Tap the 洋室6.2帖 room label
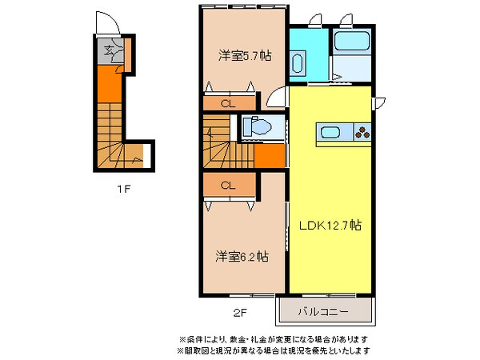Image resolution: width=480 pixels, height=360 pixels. click(x=241, y=257)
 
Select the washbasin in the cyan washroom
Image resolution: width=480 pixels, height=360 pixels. click(x=299, y=63)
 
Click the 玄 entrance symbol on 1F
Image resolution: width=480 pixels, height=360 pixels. click(x=112, y=53)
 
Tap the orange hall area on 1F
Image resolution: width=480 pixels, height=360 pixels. click(x=110, y=82)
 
